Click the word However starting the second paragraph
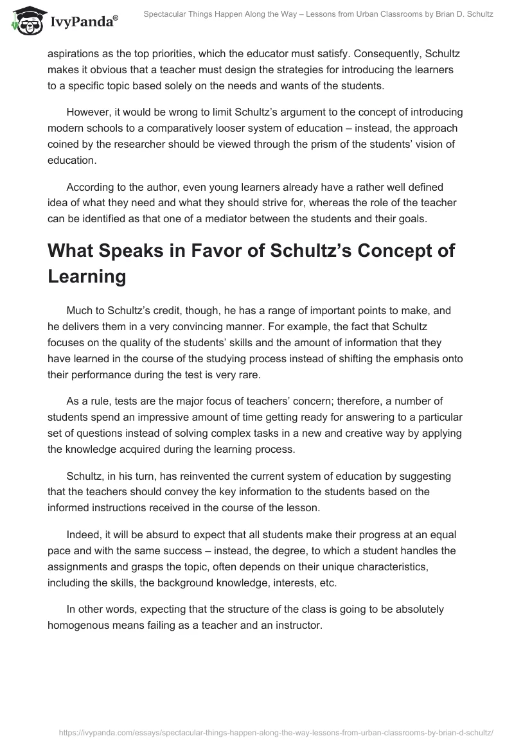point(87,112)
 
